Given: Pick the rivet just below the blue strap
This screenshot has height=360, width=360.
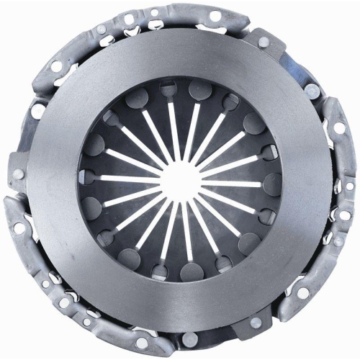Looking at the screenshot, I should point(312,91).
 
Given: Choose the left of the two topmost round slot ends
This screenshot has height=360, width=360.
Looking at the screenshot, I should point(168,90).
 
